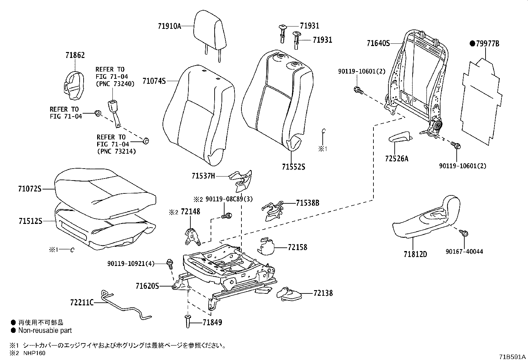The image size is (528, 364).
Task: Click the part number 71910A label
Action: [x=169, y=26]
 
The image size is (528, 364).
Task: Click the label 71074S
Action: [x=154, y=81]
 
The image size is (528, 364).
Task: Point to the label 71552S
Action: [x=294, y=167]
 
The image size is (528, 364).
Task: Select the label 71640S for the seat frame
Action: [x=378, y=43]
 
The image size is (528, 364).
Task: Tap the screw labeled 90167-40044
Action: [x=464, y=233]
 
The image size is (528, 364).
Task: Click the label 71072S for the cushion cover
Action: [x=30, y=189]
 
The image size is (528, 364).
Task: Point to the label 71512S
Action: [x=30, y=221]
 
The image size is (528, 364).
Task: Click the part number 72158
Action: [x=297, y=247]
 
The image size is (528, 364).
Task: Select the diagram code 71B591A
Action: [x=512, y=357]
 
